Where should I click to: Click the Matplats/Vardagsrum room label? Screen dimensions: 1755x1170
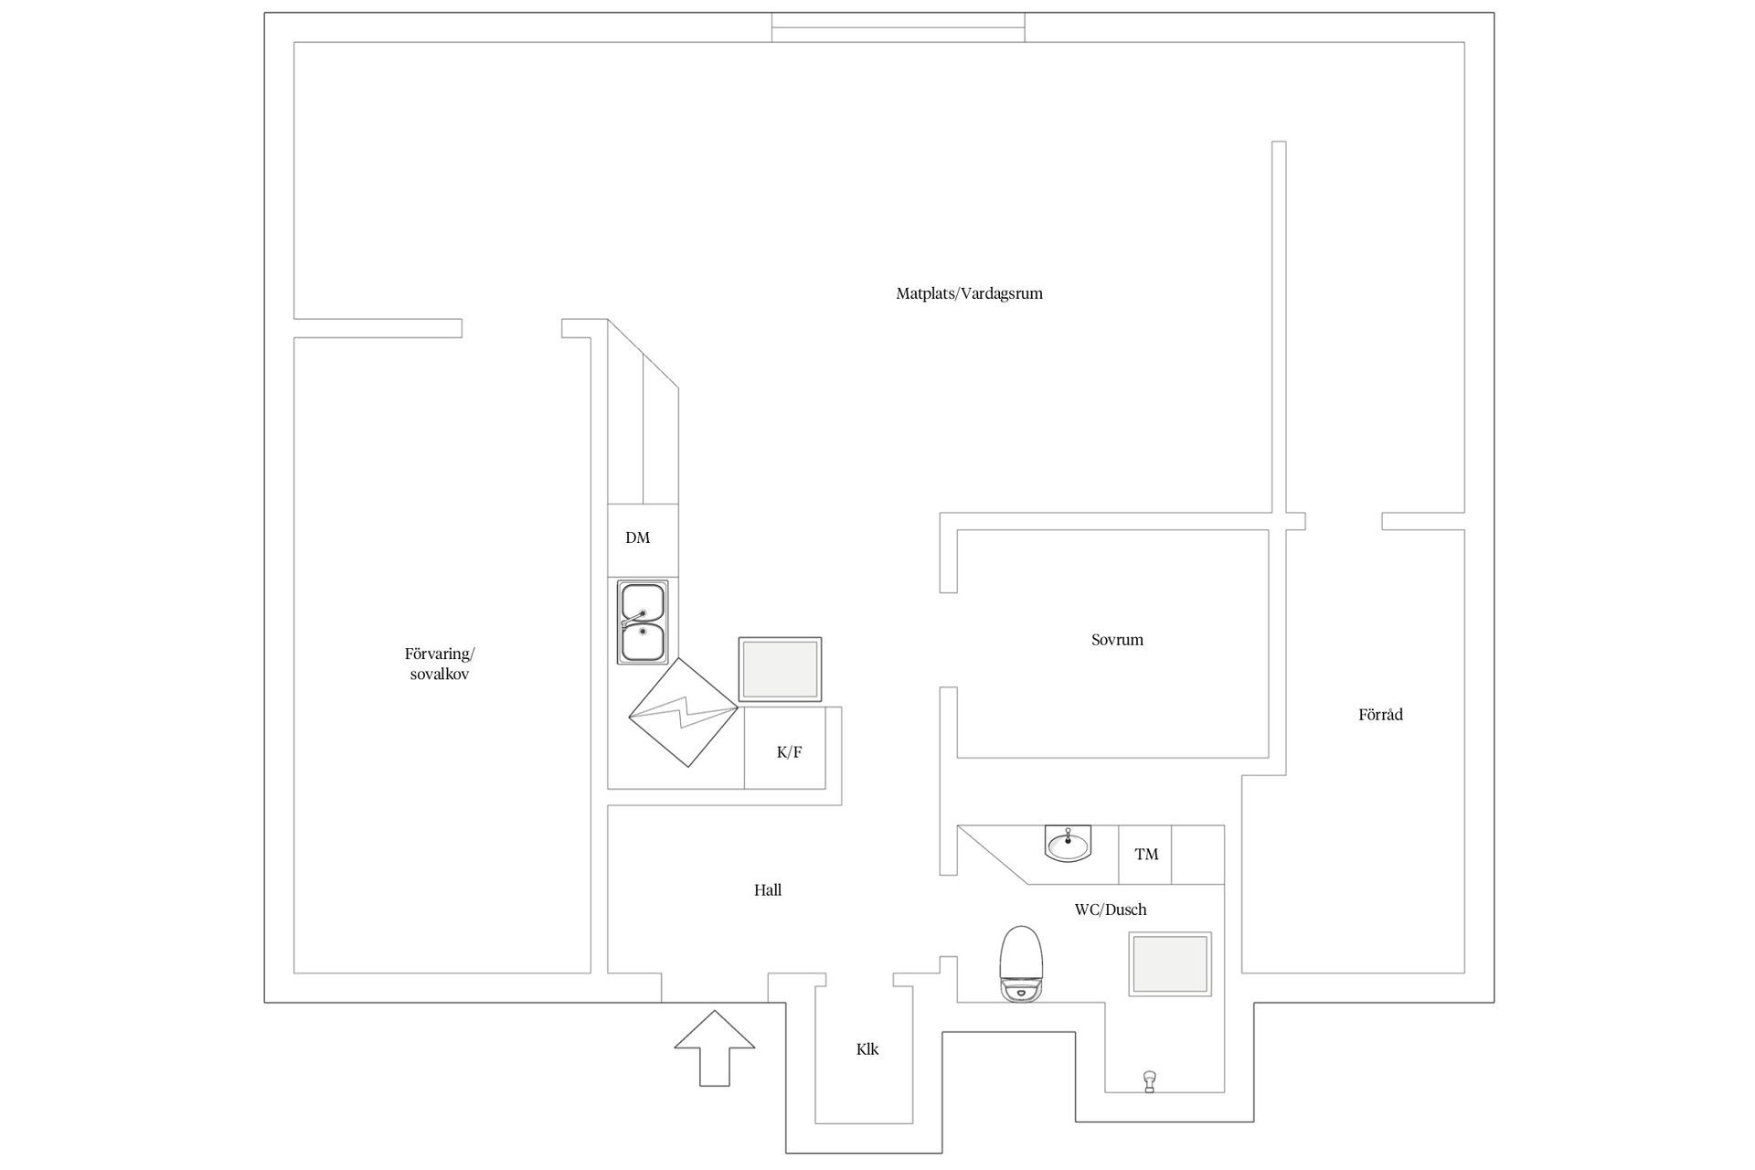pos(969,294)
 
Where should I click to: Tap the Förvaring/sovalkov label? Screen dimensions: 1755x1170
pos(440,665)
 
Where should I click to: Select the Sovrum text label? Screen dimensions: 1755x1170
pos(1117,640)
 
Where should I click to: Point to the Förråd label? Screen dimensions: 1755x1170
pos(1380,715)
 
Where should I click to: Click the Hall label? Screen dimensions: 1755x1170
pos(768,890)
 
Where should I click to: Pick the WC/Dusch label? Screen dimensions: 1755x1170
pos(1111,909)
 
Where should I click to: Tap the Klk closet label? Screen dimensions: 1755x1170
pos(867,1049)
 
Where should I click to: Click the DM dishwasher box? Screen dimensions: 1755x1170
pos(643,540)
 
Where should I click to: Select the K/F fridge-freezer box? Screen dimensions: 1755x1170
pos(785,748)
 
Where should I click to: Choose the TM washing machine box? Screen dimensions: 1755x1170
pos(1145,855)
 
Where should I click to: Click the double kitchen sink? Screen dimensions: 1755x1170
pos(643,622)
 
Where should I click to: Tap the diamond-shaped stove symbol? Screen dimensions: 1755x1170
pos(684,711)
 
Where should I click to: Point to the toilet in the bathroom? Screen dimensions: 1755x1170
pos(1022,964)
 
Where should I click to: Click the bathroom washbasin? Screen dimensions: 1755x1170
pos(1069,843)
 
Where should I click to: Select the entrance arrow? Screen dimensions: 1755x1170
pos(715,1048)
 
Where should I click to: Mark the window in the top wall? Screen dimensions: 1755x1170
pos(898,27)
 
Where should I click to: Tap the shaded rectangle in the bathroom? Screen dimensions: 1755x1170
pos(1170,964)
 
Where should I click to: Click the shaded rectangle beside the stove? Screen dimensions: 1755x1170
pos(780,670)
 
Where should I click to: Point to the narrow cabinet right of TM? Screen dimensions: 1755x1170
pos(1198,855)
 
